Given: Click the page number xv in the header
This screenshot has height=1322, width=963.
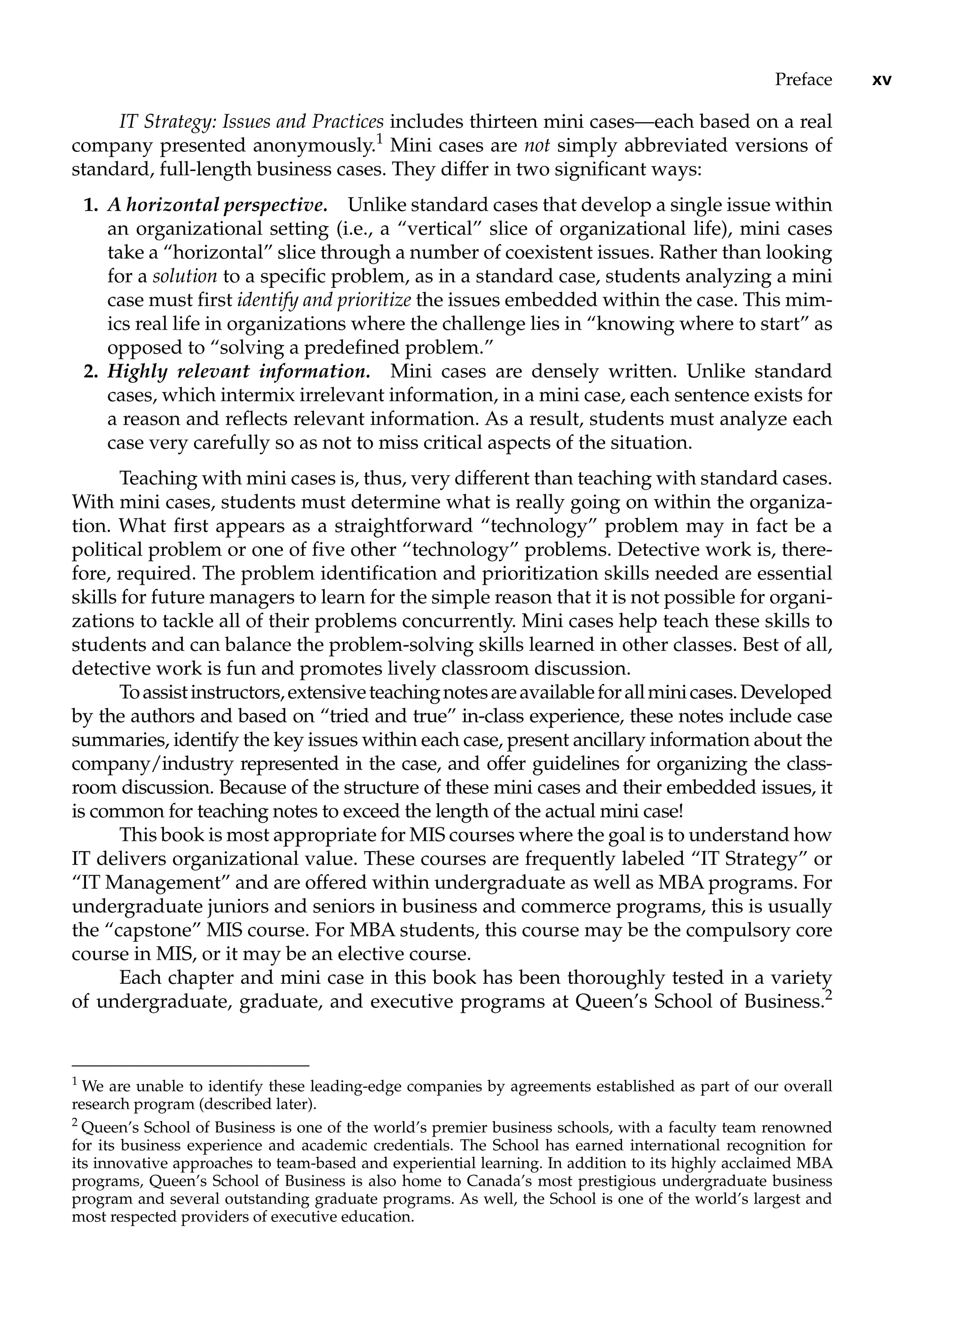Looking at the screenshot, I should click(x=881, y=80).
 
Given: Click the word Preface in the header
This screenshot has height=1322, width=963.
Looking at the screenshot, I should click(x=803, y=79).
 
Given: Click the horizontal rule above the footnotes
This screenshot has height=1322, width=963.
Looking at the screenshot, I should click(x=190, y=1066).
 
